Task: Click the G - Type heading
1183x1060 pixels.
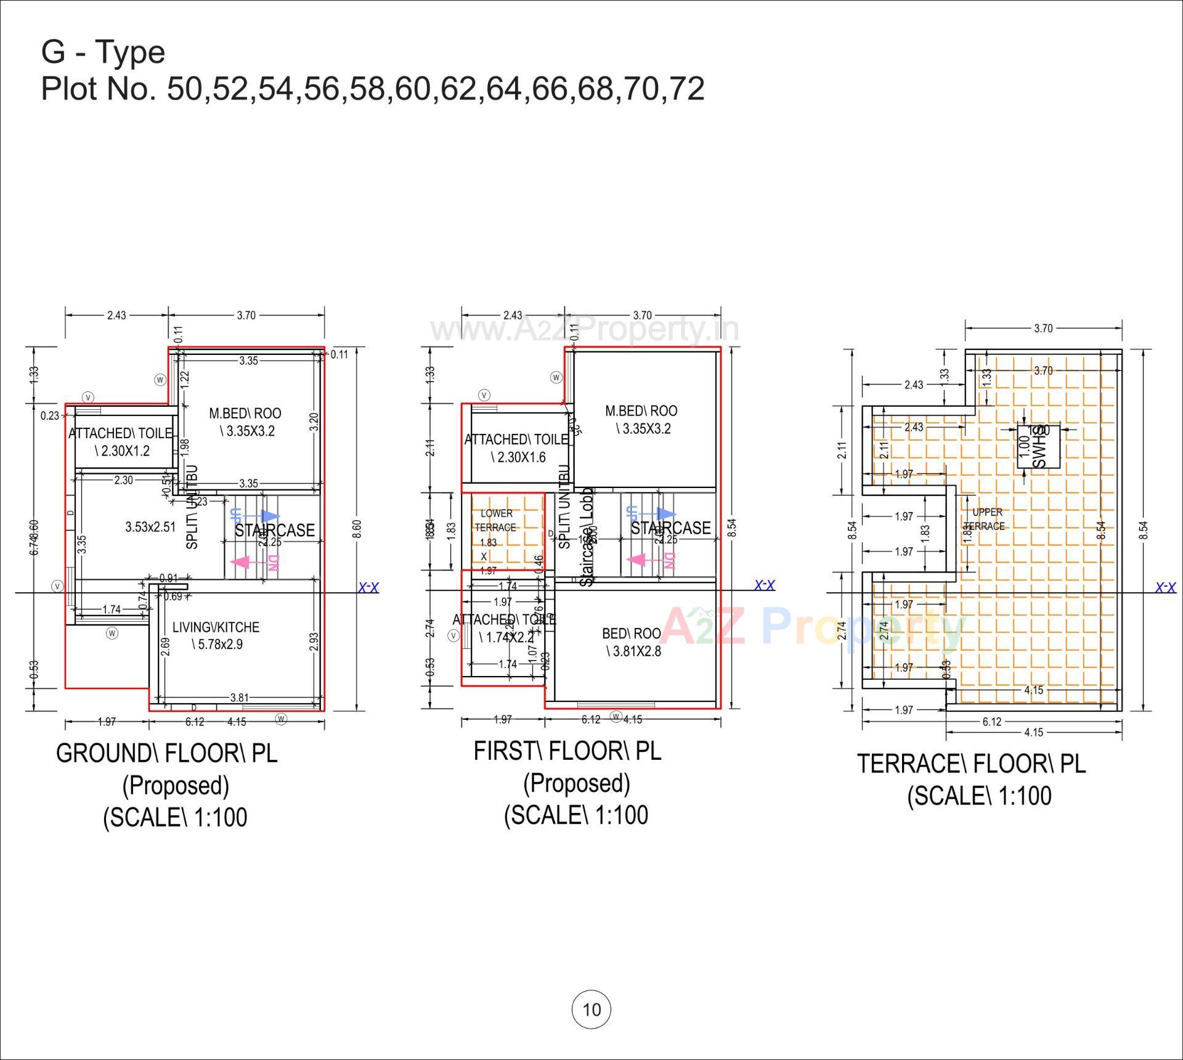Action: point(103,52)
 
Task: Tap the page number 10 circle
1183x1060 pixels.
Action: point(591,1009)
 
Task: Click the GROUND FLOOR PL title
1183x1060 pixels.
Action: point(166,753)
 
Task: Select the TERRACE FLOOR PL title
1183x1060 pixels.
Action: point(971,764)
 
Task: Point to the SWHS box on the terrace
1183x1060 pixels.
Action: point(1038,447)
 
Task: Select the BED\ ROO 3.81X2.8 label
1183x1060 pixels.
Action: point(632,642)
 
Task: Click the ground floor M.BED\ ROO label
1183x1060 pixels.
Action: point(245,422)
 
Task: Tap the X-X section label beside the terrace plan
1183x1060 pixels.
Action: point(1165,587)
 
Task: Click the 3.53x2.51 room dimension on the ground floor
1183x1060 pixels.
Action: point(150,527)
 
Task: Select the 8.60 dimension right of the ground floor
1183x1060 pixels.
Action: point(358,528)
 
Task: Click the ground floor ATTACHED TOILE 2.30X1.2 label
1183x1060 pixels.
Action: point(121,442)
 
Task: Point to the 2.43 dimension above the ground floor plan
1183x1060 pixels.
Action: point(116,316)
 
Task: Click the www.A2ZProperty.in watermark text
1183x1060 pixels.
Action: point(584,329)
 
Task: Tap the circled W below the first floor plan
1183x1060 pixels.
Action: point(616,716)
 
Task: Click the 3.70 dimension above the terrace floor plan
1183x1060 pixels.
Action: point(1043,328)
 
